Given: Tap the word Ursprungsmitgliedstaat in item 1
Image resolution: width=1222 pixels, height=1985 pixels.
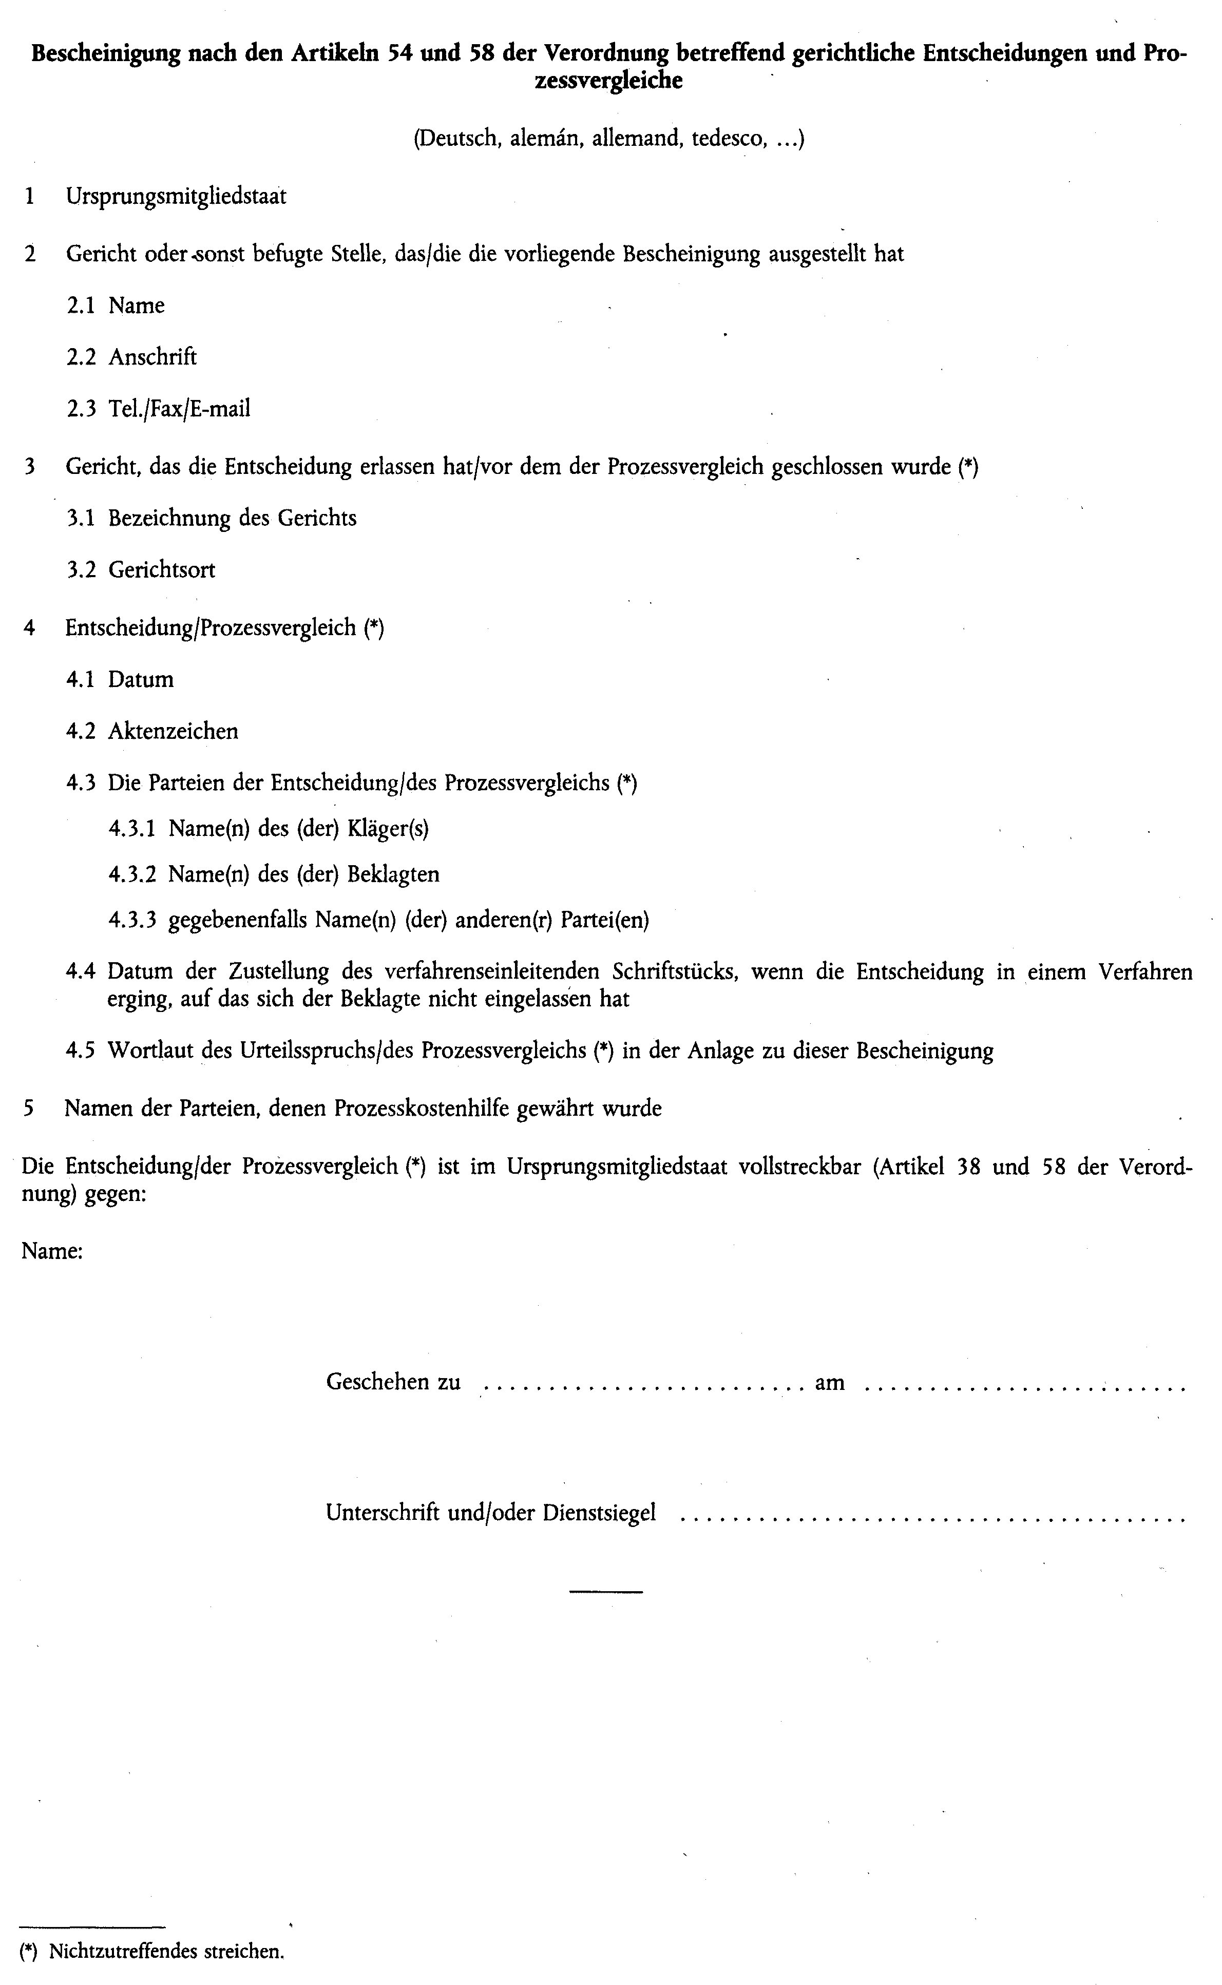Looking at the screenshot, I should pyautogui.click(x=176, y=197).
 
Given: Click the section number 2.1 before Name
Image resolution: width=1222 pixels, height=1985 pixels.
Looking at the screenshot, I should pyautogui.click(x=81, y=306).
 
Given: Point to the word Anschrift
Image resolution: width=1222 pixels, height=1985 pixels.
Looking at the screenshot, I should pyautogui.click(x=153, y=357).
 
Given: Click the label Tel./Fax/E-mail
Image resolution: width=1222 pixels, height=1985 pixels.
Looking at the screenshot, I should pyautogui.click(x=179, y=409).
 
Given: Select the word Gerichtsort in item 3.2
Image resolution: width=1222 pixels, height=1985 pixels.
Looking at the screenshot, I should pyautogui.click(x=162, y=570).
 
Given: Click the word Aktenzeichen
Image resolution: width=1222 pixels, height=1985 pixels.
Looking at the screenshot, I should pyautogui.click(x=173, y=732).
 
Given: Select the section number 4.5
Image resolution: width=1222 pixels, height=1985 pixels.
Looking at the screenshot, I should pyautogui.click(x=81, y=1051).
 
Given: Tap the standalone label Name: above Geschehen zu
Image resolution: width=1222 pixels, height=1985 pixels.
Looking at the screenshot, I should pyautogui.click(x=52, y=1251).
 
